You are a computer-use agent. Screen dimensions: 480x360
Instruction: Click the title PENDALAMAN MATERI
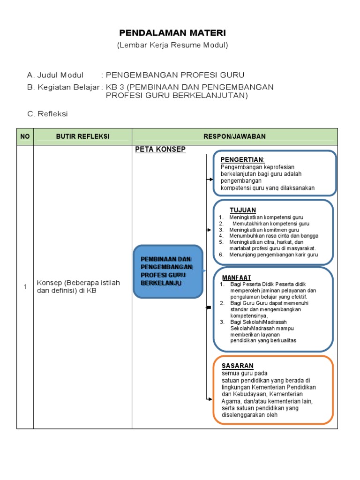coord(172,33)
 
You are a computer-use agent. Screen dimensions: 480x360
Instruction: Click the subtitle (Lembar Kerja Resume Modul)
coord(172,45)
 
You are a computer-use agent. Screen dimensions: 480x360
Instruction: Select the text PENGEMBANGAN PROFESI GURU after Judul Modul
coord(175,75)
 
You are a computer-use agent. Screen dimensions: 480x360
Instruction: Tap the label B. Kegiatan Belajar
coord(63,87)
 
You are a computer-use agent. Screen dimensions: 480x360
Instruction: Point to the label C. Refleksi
coord(47,114)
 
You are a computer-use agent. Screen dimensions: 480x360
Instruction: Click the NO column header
coord(25,136)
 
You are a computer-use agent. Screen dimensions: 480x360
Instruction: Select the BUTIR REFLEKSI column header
coord(82,136)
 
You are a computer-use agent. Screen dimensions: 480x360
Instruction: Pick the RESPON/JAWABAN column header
coord(234,136)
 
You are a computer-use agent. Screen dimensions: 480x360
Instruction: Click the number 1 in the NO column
coord(25,287)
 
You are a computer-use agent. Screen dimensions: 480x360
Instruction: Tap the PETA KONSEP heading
coord(160,150)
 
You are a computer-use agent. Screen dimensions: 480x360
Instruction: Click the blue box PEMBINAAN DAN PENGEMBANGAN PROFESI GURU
coord(167,271)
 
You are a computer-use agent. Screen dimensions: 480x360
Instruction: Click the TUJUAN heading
coord(242,210)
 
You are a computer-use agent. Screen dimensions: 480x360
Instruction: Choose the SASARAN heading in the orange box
coord(238,366)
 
